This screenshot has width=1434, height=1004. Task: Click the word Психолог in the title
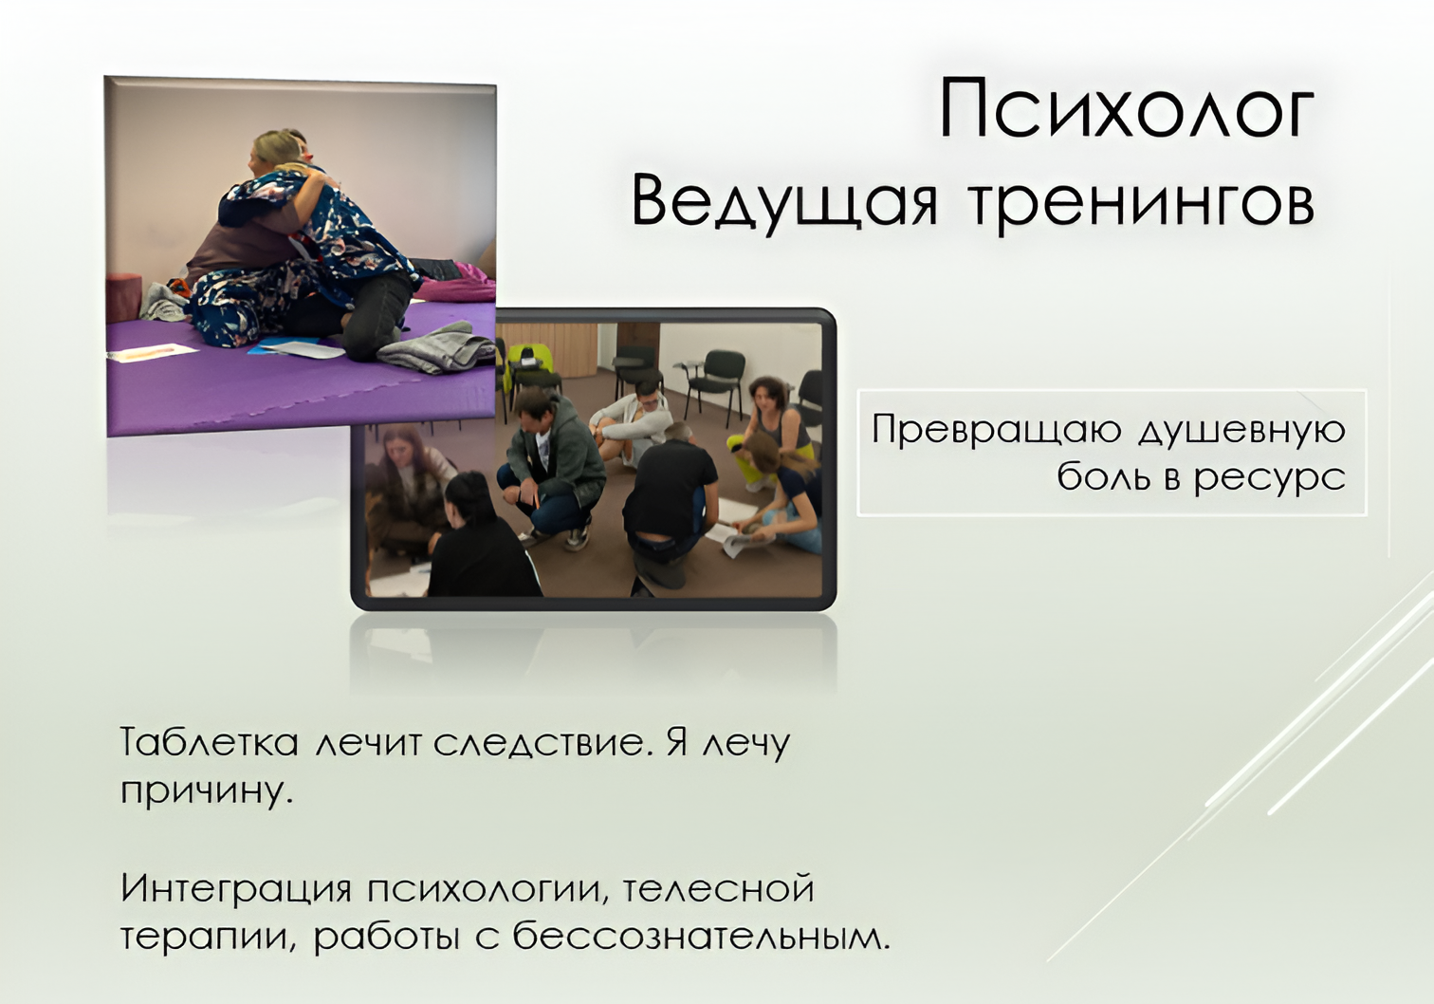click(1127, 108)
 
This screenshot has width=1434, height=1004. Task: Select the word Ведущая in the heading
click(784, 205)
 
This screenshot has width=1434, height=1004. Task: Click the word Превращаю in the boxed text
click(996, 431)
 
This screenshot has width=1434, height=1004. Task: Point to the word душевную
click(1242, 431)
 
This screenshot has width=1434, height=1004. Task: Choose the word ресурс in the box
click(1270, 479)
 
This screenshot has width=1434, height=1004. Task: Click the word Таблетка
click(209, 743)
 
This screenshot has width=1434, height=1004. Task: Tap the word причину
click(207, 792)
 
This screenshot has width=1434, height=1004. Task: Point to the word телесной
click(718, 888)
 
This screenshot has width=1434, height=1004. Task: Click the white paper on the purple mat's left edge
click(154, 352)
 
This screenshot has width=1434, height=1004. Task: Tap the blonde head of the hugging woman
click(277, 149)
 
